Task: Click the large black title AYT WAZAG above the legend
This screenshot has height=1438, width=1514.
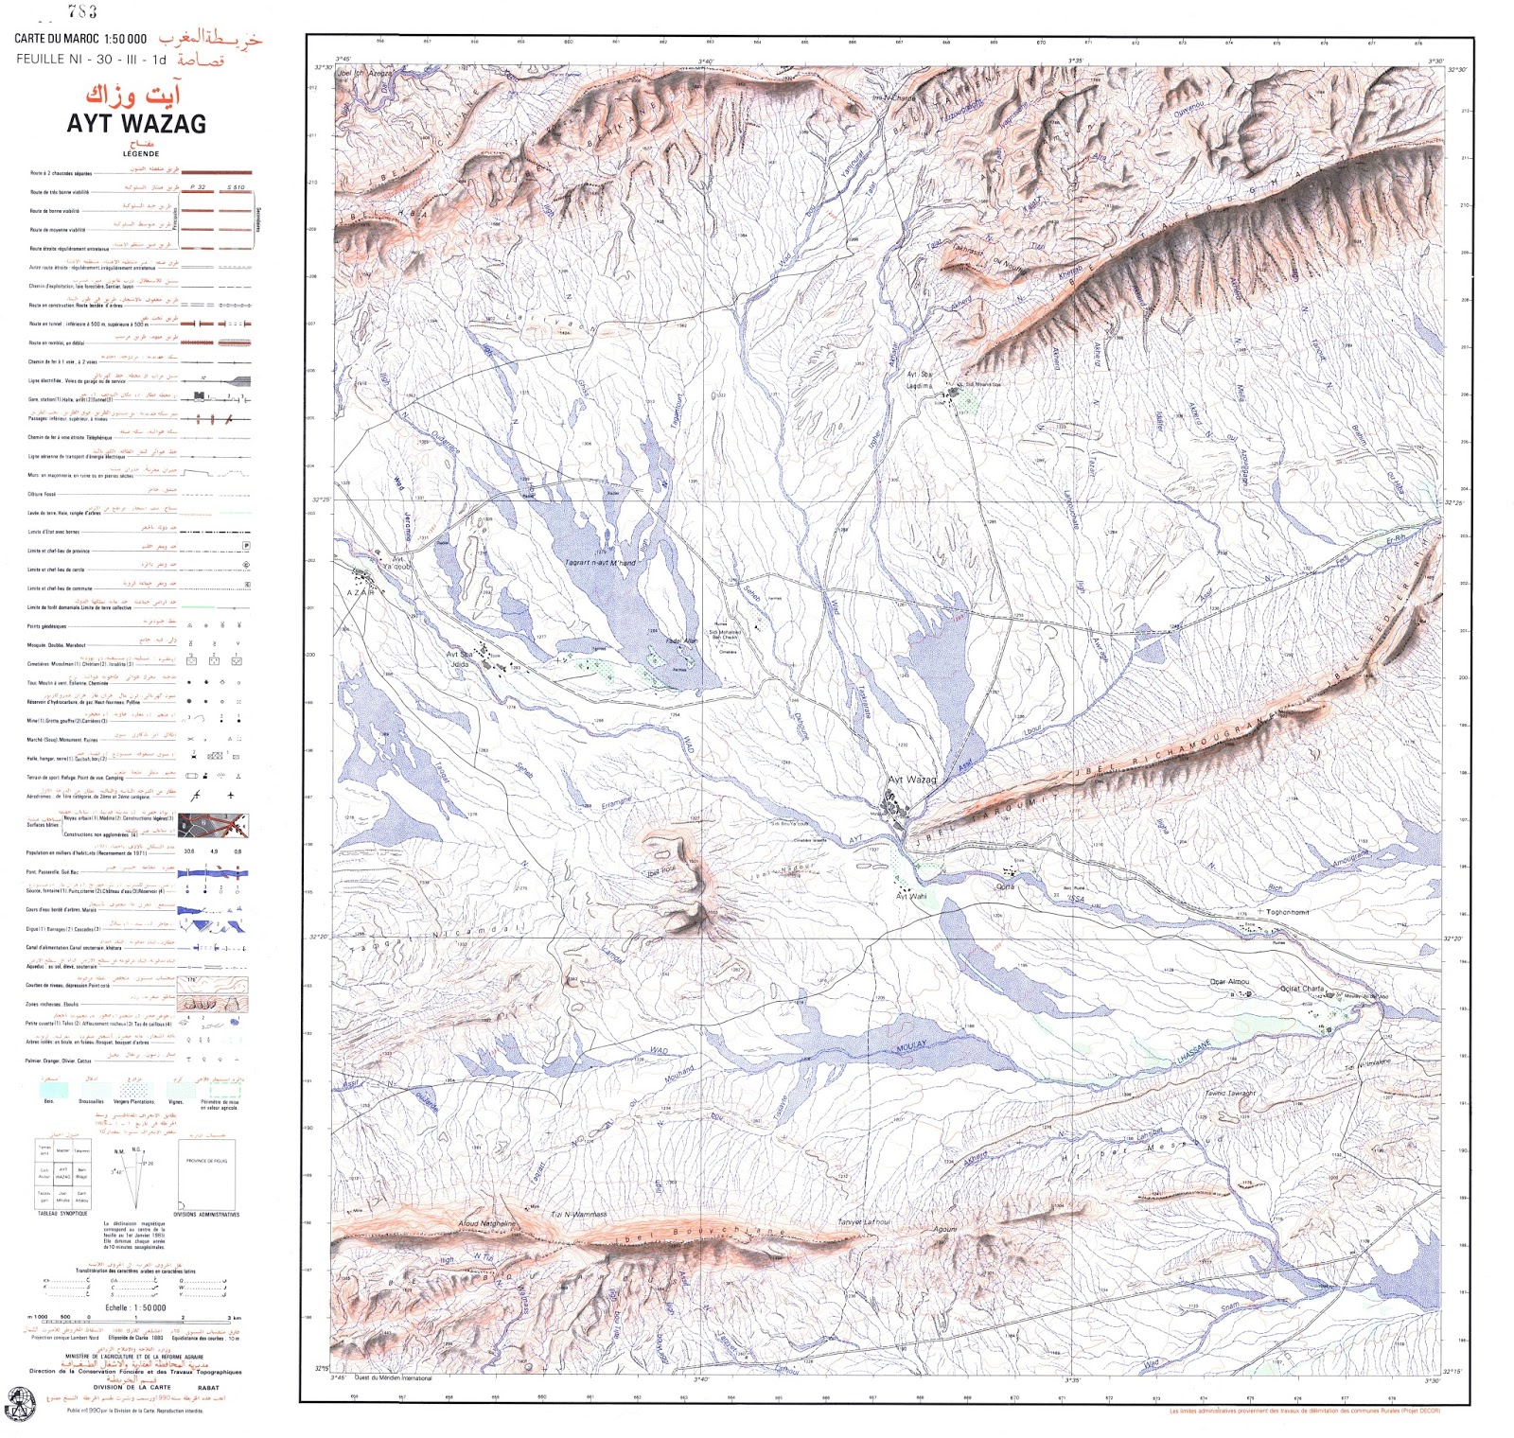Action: (x=135, y=124)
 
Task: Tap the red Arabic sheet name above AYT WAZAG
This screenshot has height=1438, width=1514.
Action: (x=132, y=96)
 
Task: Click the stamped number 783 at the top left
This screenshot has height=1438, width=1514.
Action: (x=82, y=12)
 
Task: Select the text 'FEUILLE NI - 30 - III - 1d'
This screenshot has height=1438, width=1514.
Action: (x=91, y=60)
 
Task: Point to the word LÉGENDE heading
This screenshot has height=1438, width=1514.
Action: (x=140, y=153)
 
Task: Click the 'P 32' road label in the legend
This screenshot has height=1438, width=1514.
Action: (x=198, y=187)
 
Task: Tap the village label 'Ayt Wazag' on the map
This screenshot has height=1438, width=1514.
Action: (x=911, y=780)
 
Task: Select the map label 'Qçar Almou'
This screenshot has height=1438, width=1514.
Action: (x=1229, y=982)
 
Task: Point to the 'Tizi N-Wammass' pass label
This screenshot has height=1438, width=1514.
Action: (x=578, y=1214)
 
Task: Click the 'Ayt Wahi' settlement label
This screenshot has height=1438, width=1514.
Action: (x=911, y=896)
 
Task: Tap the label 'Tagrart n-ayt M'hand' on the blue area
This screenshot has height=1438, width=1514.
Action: (x=600, y=563)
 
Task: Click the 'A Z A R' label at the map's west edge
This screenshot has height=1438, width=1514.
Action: (x=360, y=592)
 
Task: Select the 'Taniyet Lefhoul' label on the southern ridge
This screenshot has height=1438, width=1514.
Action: (x=863, y=1222)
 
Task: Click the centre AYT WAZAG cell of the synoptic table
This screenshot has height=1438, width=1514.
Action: (x=63, y=1173)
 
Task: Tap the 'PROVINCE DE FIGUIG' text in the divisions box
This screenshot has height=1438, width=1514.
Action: (x=207, y=1161)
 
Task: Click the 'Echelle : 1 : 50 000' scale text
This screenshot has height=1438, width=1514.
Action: (x=135, y=1308)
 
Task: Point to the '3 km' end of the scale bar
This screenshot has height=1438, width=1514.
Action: (x=234, y=1318)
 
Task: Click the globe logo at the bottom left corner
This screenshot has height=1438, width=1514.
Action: (x=19, y=1402)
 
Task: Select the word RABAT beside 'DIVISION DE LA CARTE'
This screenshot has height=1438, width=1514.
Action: (x=208, y=1388)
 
